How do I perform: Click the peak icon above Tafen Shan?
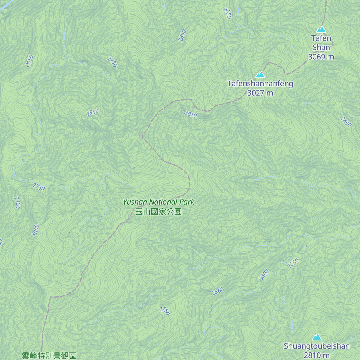[x=321, y=29]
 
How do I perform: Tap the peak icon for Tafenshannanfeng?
[x=260, y=75]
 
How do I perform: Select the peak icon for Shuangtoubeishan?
[x=317, y=337]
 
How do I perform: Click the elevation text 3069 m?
[x=321, y=57]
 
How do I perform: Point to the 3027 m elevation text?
[x=260, y=93]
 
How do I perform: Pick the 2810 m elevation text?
[x=317, y=355]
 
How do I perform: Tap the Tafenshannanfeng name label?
[x=260, y=84]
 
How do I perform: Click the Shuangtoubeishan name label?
[x=317, y=346]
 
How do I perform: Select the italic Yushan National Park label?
[x=159, y=202]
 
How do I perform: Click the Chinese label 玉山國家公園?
[x=159, y=212]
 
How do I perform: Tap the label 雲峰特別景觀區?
[x=49, y=356]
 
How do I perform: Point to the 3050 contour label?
[x=191, y=114]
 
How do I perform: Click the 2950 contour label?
[x=93, y=112]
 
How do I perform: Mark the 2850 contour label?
[x=182, y=35]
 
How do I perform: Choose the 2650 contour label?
[x=227, y=13]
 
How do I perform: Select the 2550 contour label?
[x=29, y=61]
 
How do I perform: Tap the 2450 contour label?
[x=346, y=121]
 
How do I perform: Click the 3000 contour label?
[x=35, y=230]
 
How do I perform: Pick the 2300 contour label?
[x=264, y=274]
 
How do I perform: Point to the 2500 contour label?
[x=218, y=291]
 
